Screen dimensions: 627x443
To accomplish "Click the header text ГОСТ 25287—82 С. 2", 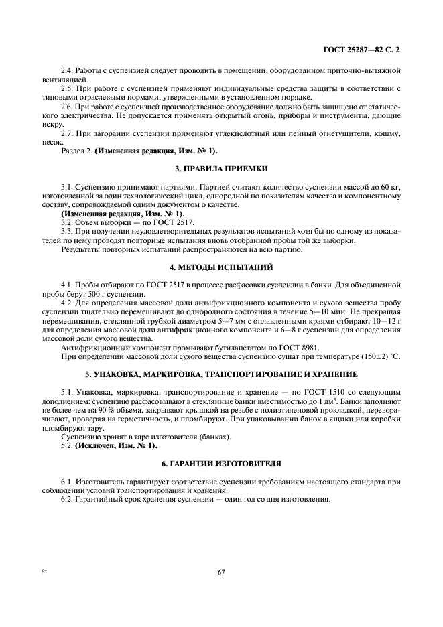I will click(x=361, y=50).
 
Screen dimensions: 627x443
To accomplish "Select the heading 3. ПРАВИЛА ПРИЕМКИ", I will click(x=220, y=169).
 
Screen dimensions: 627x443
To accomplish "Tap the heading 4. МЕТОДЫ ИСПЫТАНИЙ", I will click(x=220, y=267).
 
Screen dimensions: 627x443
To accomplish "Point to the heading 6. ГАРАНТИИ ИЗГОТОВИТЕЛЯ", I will click(x=220, y=464).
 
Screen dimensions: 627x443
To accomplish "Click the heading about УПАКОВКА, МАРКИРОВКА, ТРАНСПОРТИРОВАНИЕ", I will click(x=220, y=374).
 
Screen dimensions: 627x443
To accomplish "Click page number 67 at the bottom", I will click(x=220, y=571).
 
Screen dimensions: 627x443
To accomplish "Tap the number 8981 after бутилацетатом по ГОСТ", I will click(x=309, y=347).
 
